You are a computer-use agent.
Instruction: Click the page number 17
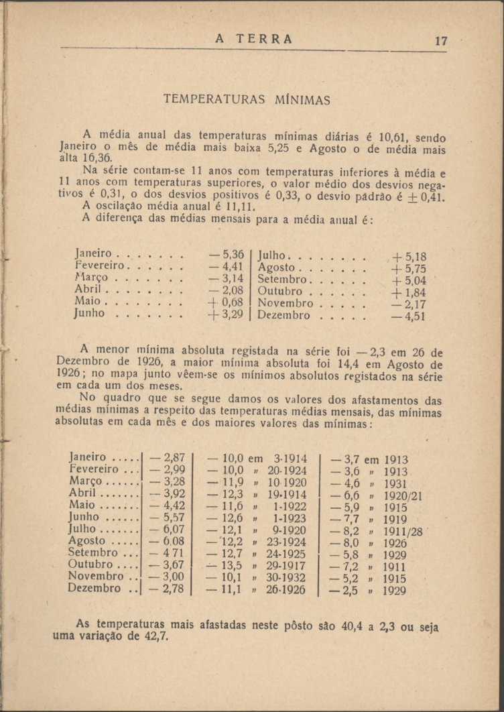(x=440, y=40)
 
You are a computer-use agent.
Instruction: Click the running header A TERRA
(x=254, y=39)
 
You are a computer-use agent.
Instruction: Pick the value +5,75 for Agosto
(x=408, y=268)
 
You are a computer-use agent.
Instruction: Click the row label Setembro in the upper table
(x=282, y=280)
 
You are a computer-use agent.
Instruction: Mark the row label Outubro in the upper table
(x=281, y=292)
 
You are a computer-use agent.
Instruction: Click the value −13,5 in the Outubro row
(x=225, y=565)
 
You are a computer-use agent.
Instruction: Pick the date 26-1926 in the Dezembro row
(x=287, y=589)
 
